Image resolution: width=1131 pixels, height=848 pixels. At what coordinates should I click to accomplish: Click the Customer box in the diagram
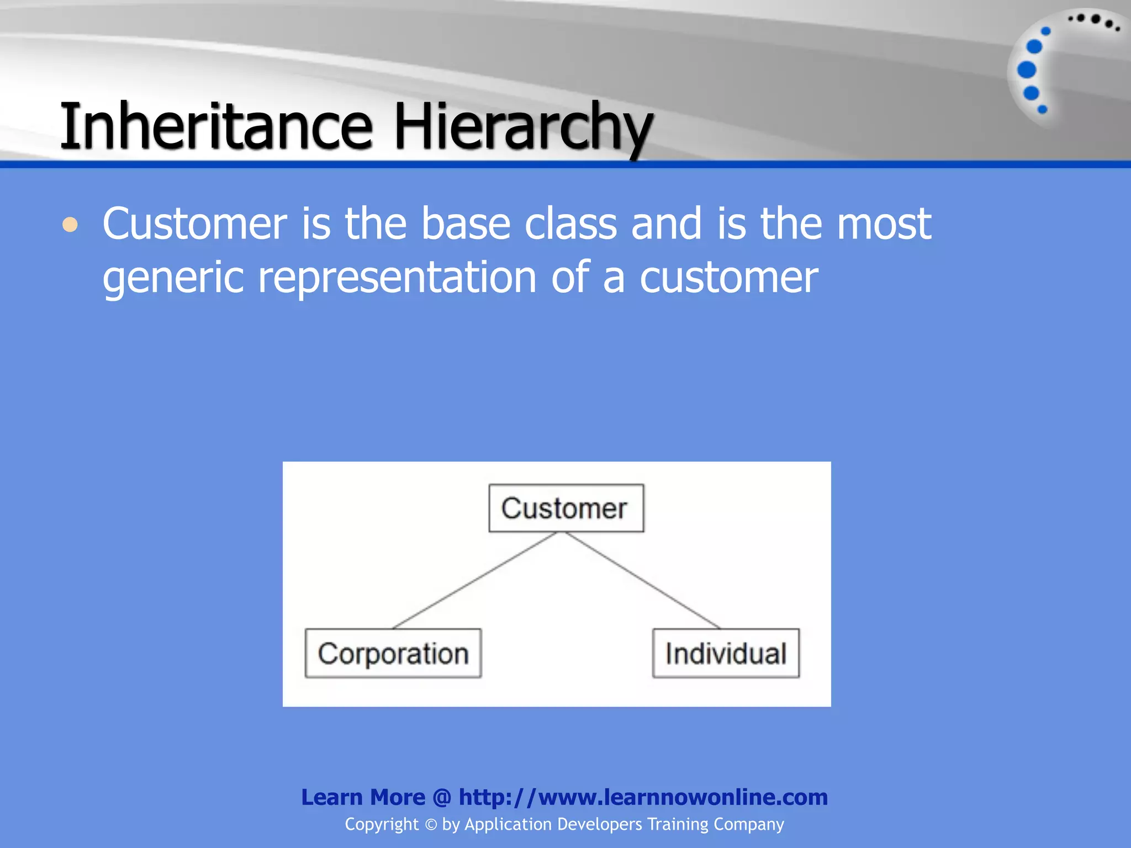(x=566, y=508)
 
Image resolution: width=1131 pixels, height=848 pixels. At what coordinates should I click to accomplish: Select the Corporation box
(x=393, y=653)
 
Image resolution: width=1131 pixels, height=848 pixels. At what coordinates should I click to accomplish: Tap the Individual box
(x=726, y=653)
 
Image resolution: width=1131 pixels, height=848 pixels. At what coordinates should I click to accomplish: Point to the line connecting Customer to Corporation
(x=475, y=580)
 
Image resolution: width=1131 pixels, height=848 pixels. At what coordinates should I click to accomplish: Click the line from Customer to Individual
(x=642, y=580)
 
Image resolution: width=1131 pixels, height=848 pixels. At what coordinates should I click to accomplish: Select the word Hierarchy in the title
(x=522, y=127)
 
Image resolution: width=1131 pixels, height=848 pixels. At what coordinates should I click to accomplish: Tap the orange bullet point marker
(x=70, y=225)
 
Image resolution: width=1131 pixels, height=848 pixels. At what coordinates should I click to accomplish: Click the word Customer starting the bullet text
(x=194, y=224)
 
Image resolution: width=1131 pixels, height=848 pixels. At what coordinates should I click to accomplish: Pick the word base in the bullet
(x=466, y=224)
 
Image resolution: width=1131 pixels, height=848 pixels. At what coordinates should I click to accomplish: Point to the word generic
(x=173, y=278)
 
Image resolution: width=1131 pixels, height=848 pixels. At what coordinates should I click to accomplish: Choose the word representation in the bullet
(x=397, y=278)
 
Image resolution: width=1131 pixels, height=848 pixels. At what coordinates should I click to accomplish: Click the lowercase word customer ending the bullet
(x=729, y=278)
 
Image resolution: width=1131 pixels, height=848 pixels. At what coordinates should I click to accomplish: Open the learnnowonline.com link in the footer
(x=643, y=797)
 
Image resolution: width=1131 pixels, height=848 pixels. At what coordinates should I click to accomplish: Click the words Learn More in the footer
(x=363, y=797)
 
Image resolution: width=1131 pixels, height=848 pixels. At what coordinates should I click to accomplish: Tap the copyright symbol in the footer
(x=431, y=825)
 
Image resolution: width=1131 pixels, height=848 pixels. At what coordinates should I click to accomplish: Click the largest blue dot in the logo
(x=1027, y=70)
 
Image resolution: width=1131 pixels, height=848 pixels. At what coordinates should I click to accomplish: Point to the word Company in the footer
(x=748, y=824)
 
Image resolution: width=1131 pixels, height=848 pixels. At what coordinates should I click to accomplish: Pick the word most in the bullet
(x=884, y=224)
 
